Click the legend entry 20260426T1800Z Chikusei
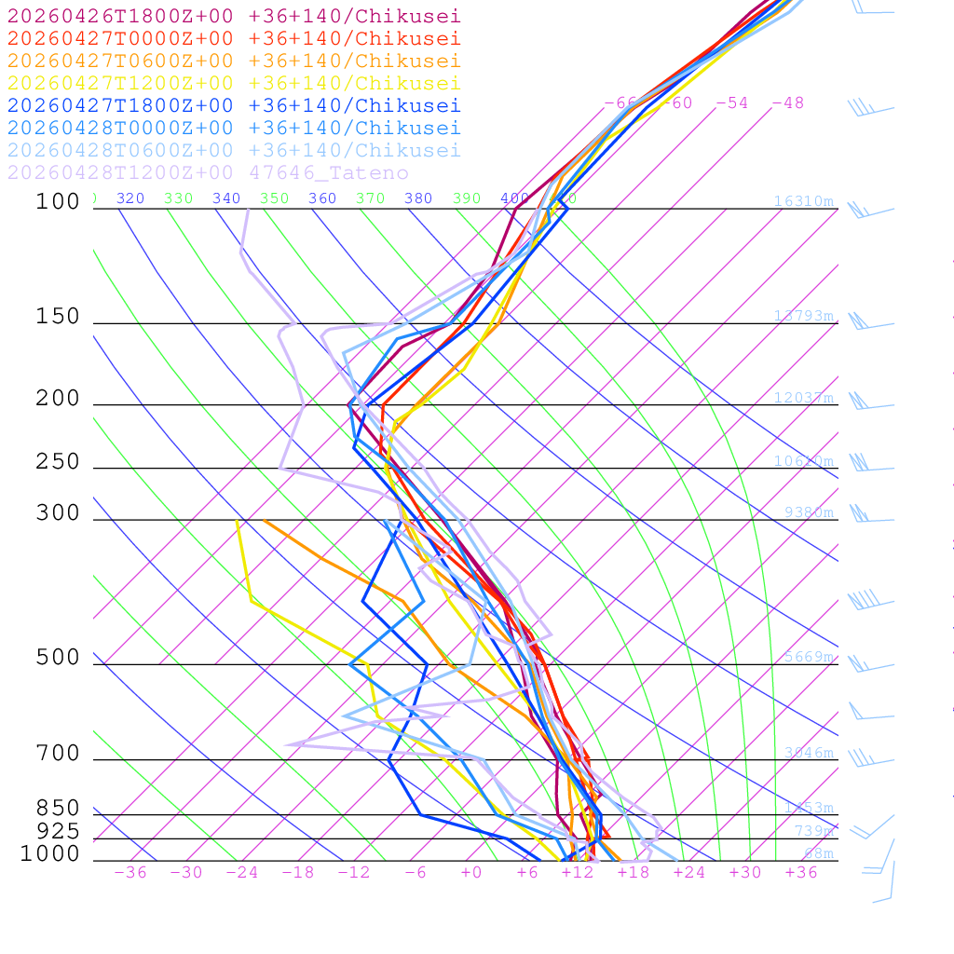coord(233,16)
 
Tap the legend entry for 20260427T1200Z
coord(233,83)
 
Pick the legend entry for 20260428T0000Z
coord(233,128)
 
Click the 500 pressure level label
coord(58,658)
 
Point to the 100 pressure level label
coord(58,201)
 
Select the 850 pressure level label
coord(58,808)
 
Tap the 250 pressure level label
coord(58,462)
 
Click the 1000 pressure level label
coord(50,853)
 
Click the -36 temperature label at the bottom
coord(129,873)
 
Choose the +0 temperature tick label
coord(472,873)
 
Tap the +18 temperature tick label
coord(633,873)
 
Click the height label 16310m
coord(803,201)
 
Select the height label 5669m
coord(809,657)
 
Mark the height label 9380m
coord(809,512)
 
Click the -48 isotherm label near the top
coord(787,102)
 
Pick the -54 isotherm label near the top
coord(731,102)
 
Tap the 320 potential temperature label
coord(129,198)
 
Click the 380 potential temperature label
coord(418,198)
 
